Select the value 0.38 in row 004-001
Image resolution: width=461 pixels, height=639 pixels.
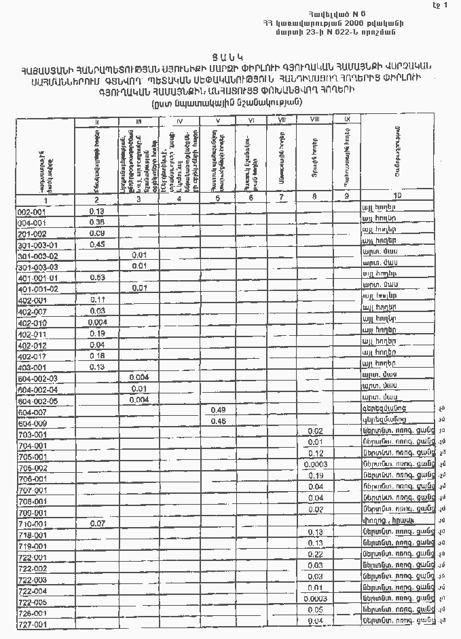(x=96, y=222)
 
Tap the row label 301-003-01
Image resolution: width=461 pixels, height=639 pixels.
(x=38, y=245)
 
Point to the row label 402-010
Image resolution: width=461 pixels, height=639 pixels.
(x=32, y=322)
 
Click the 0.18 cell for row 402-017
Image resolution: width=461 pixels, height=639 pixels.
(x=96, y=355)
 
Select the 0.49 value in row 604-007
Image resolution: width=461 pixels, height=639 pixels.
(x=218, y=410)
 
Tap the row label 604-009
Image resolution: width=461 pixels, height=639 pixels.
(x=32, y=422)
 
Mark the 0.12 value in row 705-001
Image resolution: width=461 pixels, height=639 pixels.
(x=315, y=454)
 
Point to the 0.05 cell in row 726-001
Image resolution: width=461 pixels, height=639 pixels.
(x=315, y=610)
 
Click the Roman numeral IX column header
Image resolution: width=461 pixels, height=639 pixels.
(x=347, y=119)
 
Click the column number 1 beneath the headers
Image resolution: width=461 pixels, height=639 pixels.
(x=45, y=200)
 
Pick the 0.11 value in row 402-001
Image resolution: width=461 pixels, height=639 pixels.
(x=96, y=299)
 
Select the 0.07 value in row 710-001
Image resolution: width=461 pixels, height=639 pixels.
(x=96, y=524)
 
